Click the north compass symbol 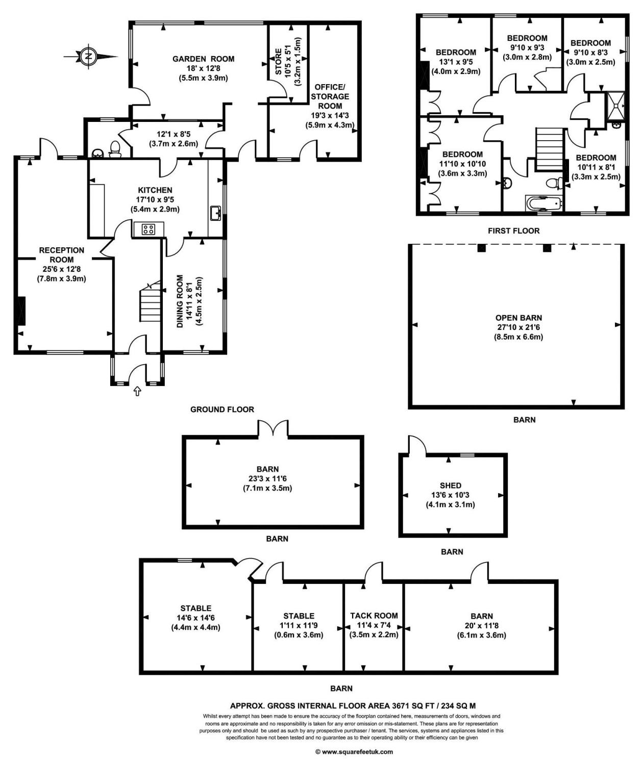(89, 56)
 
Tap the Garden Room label (203, 59)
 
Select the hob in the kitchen (149, 229)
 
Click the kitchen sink (215, 213)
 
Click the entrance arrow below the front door (137, 391)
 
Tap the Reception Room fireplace (21, 310)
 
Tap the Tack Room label (374, 616)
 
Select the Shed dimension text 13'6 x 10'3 (450, 495)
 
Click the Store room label (279, 62)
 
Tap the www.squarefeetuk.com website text (354, 751)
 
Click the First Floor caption (513, 231)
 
